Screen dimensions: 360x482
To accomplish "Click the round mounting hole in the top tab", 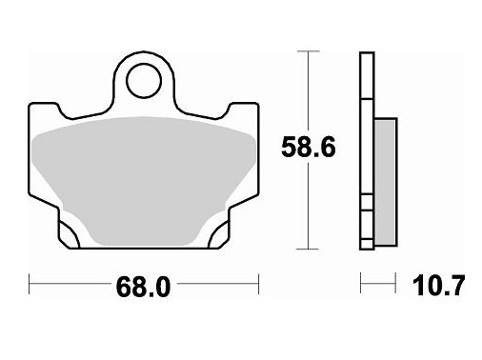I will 145,78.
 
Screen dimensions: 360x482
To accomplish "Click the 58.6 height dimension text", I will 310,149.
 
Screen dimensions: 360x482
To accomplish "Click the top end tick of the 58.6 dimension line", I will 307,53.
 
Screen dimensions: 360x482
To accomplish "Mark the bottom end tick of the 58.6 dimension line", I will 307,247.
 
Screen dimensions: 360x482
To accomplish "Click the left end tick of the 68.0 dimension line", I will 31,284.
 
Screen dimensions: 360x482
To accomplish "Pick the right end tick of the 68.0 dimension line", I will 259,284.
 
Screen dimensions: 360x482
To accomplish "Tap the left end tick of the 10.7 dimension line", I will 360,284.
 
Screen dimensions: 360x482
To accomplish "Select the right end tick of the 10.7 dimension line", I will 395,284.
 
